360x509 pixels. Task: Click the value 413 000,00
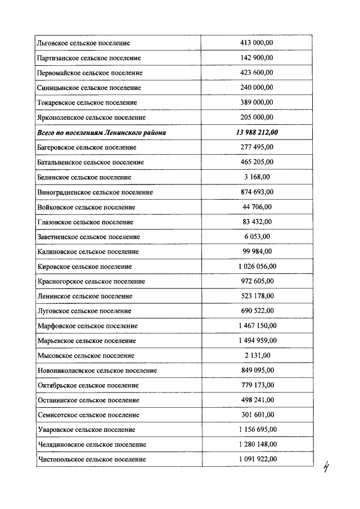click(257, 43)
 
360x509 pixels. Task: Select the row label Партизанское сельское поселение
click(88, 58)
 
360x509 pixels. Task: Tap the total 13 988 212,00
click(257, 132)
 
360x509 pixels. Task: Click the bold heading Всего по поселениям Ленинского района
click(101, 132)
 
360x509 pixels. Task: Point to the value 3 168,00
click(257, 177)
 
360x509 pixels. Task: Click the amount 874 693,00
click(257, 192)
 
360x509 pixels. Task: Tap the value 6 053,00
click(257, 237)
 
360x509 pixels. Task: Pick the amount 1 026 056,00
click(257, 267)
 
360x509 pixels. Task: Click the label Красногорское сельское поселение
click(91, 281)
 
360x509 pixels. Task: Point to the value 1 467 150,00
click(257, 326)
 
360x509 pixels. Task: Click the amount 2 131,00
click(257, 355)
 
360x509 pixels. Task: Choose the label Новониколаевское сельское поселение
click(97, 371)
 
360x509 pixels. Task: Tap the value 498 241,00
click(257, 400)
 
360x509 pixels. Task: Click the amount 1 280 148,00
click(257, 444)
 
